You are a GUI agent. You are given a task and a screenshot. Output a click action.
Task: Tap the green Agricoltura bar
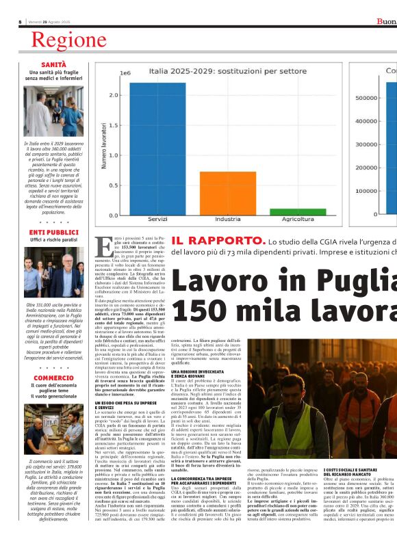tap(288, 211)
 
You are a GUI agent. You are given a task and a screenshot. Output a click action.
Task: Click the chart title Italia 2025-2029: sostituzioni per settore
tap(218, 70)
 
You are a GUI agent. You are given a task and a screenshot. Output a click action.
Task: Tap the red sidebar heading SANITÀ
tap(53, 64)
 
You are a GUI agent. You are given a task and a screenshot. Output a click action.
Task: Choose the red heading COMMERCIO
tap(53, 378)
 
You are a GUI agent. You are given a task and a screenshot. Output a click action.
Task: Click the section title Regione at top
tap(68, 40)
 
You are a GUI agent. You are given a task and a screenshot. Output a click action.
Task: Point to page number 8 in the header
tap(21, 22)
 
